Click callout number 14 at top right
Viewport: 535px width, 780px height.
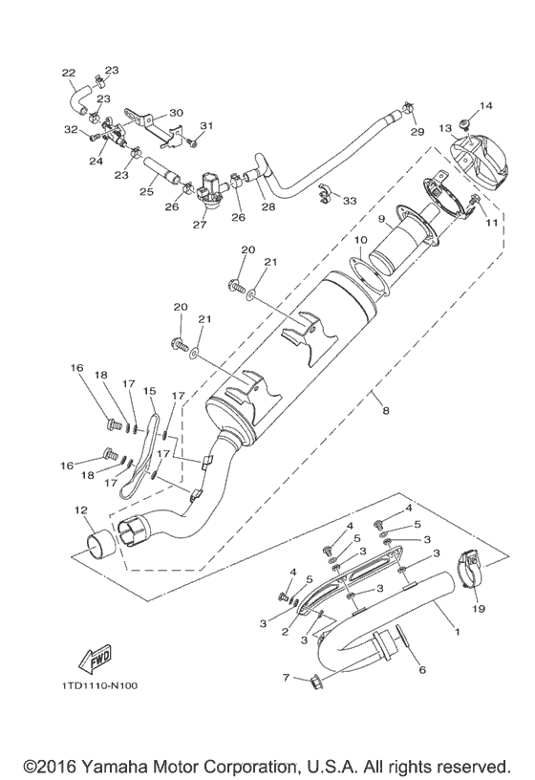click(484, 105)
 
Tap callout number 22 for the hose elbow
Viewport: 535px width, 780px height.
click(68, 73)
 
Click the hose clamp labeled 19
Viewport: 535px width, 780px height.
click(473, 570)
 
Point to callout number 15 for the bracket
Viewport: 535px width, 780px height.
click(148, 392)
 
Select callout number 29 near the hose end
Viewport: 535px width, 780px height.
click(417, 130)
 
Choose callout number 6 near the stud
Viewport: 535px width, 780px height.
click(419, 670)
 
